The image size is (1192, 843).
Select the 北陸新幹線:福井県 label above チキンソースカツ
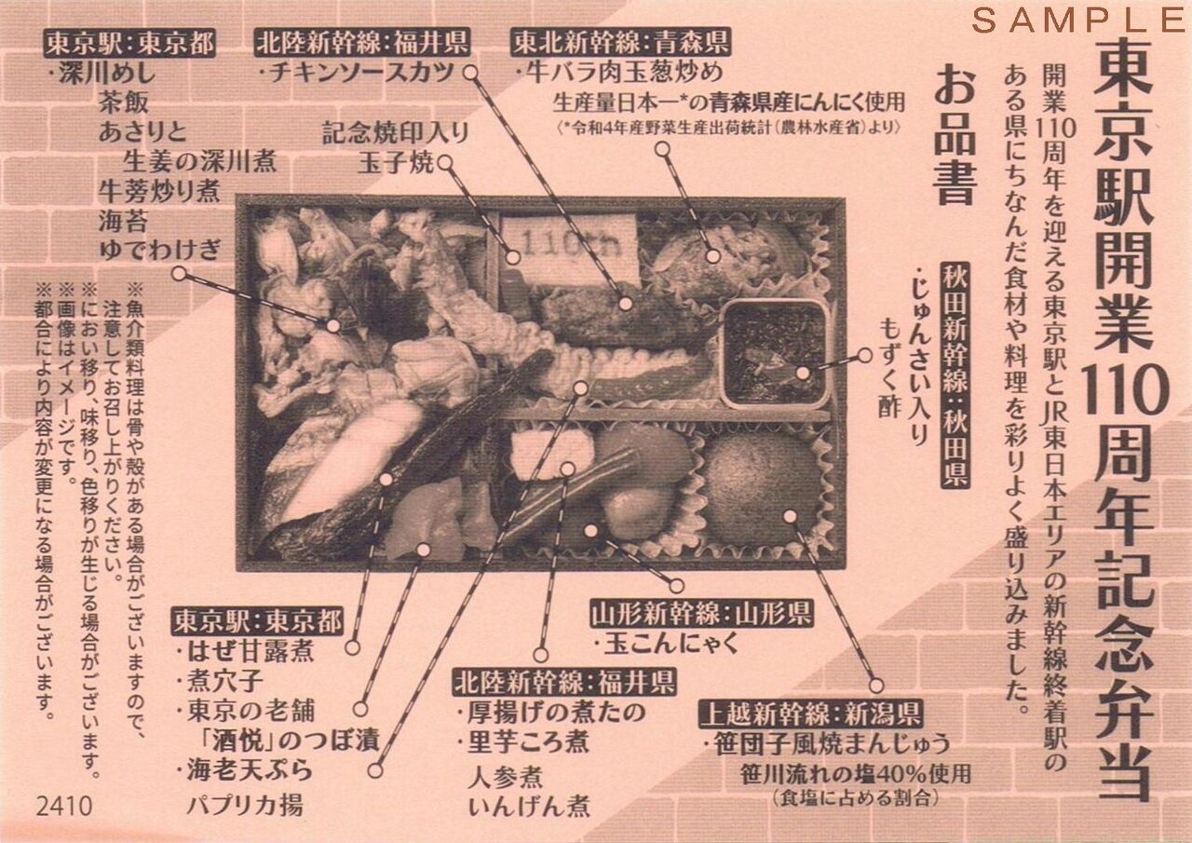[362, 43]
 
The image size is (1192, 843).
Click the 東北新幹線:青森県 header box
[620, 43]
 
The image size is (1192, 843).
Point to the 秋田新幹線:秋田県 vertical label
[955, 374]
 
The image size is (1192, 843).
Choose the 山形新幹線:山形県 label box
[701, 615]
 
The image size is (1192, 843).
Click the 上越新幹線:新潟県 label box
[811, 714]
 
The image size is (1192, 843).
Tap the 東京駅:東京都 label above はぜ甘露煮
[256, 620]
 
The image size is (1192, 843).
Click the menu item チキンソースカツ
[359, 73]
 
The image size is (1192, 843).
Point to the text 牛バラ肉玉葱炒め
[620, 73]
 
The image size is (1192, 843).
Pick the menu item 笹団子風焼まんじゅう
[827, 744]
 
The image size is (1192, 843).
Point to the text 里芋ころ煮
[523, 741]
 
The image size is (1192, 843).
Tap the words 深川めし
[102, 74]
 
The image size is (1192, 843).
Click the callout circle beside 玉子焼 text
[445, 163]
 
